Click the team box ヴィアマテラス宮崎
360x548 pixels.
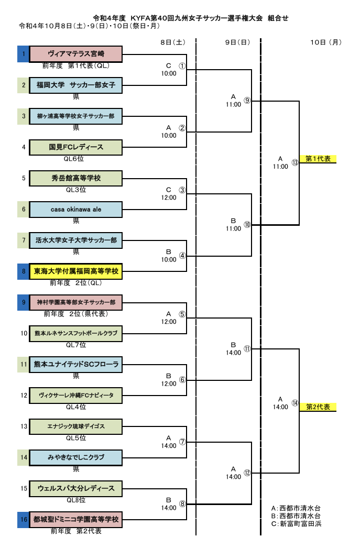[76, 54]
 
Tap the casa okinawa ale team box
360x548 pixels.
[76, 209]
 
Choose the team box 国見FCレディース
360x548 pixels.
[76, 147]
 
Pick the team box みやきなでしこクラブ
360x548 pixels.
[76, 457]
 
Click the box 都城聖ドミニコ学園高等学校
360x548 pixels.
[76, 520]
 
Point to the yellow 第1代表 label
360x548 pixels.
[318, 159]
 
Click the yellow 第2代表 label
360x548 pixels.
[318, 407]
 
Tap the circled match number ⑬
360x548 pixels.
[295, 162]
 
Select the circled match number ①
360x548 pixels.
[182, 66]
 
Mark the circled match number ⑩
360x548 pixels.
[247, 225]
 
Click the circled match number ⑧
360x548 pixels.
[182, 503]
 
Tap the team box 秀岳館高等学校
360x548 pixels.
[76, 178]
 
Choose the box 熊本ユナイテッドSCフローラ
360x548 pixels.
[76, 364]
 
